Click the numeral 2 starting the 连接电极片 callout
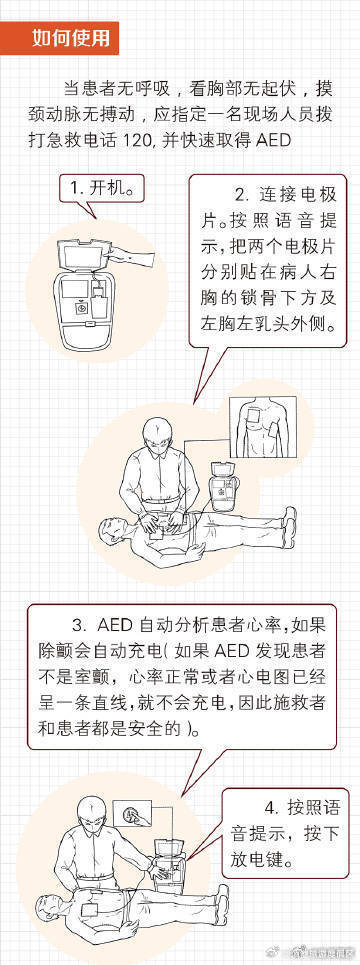coord(240,193)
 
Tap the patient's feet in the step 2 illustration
coord(287,517)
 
